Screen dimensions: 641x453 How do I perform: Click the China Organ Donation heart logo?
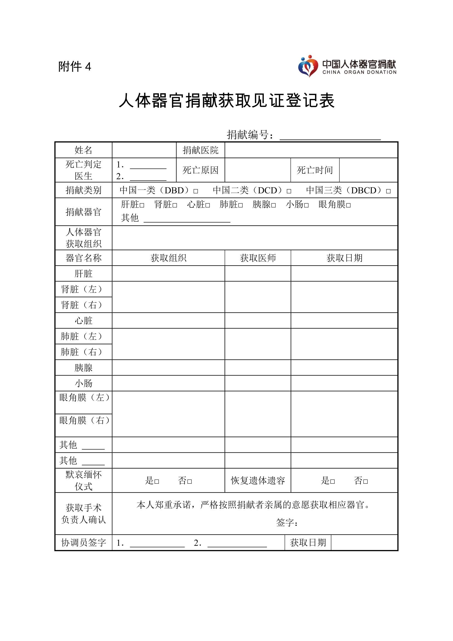[308, 66]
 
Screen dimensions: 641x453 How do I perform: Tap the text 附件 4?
[75, 67]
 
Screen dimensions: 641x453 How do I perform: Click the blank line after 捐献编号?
[330, 136]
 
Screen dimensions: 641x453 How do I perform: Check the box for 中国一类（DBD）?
[196, 191]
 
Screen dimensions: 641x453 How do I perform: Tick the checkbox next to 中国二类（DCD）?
[289, 191]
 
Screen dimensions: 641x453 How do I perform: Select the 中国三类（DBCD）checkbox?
[388, 191]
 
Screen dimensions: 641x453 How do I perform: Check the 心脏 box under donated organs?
[208, 206]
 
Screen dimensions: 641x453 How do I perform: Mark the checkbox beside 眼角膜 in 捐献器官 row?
[348, 206]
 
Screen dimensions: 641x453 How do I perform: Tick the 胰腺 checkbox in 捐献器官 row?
[273, 206]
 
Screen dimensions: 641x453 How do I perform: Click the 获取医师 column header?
[258, 258]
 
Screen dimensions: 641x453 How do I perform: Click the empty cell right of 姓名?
[144, 150]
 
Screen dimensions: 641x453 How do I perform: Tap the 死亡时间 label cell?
[315, 170]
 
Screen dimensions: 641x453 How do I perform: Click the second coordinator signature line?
[237, 543]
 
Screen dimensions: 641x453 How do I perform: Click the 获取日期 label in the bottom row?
[308, 543]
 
